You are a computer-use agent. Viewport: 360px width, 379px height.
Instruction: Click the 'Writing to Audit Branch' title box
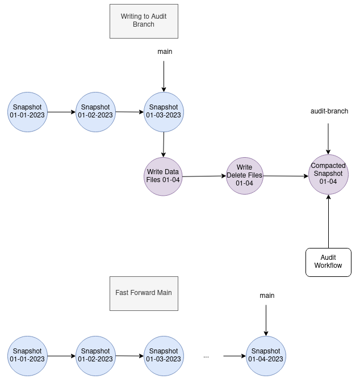(144, 21)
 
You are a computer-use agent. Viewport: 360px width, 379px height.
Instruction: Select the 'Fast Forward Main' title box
(144, 293)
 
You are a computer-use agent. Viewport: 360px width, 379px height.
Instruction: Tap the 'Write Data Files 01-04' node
(164, 176)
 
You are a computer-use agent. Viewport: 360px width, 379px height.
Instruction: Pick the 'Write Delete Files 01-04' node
(244, 175)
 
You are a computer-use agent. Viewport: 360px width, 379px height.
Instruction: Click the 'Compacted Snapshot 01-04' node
(328, 174)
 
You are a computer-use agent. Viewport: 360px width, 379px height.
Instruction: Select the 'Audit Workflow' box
(328, 262)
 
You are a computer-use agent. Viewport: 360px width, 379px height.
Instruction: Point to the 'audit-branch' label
(329, 111)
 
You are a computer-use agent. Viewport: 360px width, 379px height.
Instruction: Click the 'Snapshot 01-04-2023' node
(266, 355)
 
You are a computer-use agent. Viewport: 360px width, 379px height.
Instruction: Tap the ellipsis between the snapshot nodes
(206, 356)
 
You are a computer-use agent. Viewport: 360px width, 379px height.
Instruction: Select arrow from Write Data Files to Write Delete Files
(204, 176)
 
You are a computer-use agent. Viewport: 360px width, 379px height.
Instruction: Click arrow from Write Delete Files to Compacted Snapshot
(286, 176)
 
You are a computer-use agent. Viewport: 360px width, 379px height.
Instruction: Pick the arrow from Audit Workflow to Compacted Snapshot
(328, 221)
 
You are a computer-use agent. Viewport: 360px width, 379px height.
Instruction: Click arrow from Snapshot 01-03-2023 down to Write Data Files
(164, 144)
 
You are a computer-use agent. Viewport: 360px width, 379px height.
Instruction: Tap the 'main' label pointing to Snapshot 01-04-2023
(267, 296)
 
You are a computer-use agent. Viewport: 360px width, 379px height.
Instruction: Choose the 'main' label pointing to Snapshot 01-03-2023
(165, 52)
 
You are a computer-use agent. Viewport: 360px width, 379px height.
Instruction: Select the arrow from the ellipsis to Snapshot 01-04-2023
(235, 356)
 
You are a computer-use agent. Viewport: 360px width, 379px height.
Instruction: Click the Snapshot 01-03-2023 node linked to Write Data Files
(164, 111)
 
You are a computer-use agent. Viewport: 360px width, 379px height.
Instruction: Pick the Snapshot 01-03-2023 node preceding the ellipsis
(164, 355)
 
